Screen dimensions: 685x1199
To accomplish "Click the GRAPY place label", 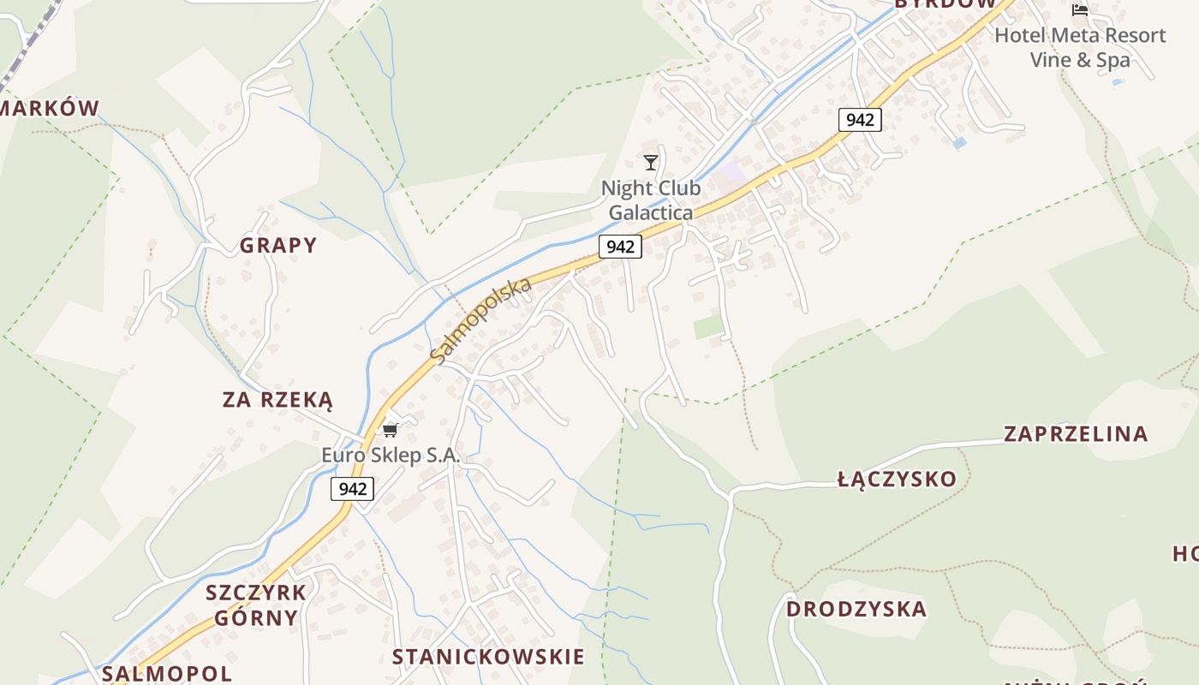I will tap(278, 246).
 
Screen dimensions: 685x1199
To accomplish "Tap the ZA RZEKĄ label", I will tap(277, 400).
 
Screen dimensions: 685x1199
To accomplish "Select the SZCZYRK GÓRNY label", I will tap(256, 605).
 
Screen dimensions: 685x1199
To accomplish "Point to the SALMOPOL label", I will tap(167, 673).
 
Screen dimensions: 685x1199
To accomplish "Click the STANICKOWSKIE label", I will tap(488, 657).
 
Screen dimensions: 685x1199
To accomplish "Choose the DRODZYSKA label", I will tap(856, 609).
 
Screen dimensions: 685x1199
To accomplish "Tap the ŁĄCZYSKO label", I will tap(897, 479).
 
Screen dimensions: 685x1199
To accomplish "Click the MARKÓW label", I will tap(50, 108).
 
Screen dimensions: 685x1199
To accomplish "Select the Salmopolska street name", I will tap(481, 320).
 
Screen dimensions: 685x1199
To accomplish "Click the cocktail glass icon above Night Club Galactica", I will tap(651, 162).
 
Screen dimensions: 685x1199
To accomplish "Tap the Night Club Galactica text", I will tap(651, 200).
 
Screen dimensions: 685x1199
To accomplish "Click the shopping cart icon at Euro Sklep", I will tap(391, 430).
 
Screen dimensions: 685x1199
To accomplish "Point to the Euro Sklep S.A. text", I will tap(391, 456).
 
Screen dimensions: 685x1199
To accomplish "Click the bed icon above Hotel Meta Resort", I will tap(1080, 10).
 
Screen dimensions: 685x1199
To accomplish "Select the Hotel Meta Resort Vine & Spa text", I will tap(1080, 47).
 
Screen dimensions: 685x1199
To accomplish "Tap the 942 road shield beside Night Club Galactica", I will tap(620, 247).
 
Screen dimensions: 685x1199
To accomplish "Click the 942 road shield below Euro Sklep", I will tap(353, 489).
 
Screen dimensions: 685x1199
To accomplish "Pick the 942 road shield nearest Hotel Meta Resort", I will tap(859, 120).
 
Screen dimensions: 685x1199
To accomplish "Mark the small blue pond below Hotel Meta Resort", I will tap(959, 143).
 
